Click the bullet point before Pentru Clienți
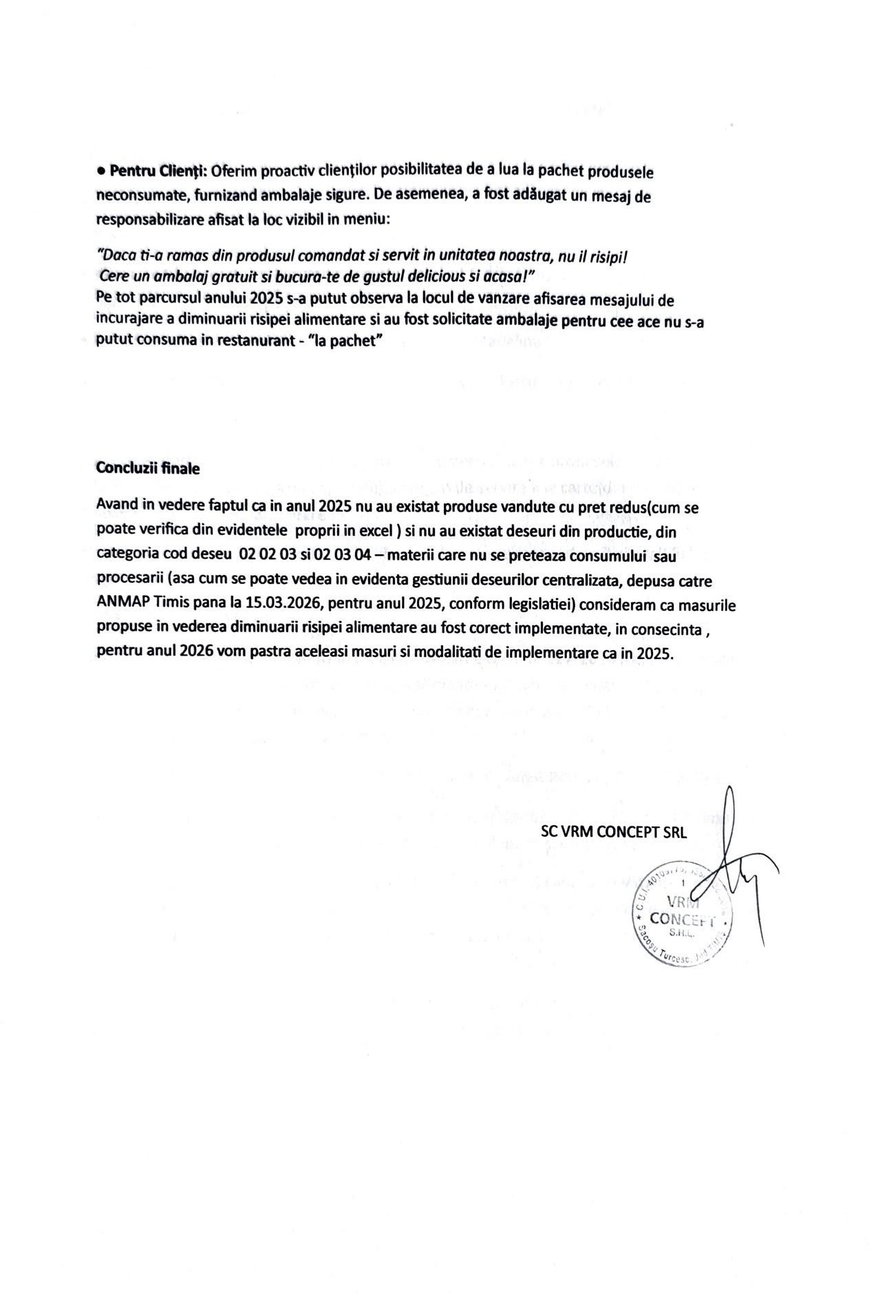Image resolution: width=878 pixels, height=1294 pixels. click(x=101, y=170)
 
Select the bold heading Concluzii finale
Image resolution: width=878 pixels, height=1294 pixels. click(x=148, y=468)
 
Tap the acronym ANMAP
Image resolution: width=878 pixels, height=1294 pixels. click(x=123, y=603)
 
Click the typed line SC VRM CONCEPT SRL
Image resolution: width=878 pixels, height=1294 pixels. click(x=613, y=831)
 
